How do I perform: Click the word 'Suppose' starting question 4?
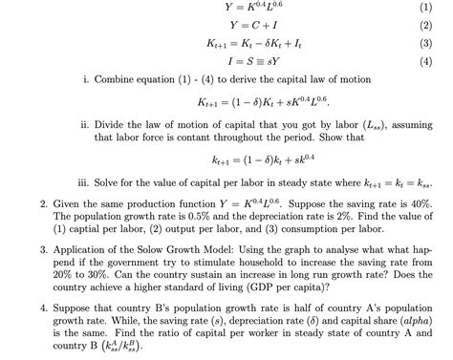pos(75,309)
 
